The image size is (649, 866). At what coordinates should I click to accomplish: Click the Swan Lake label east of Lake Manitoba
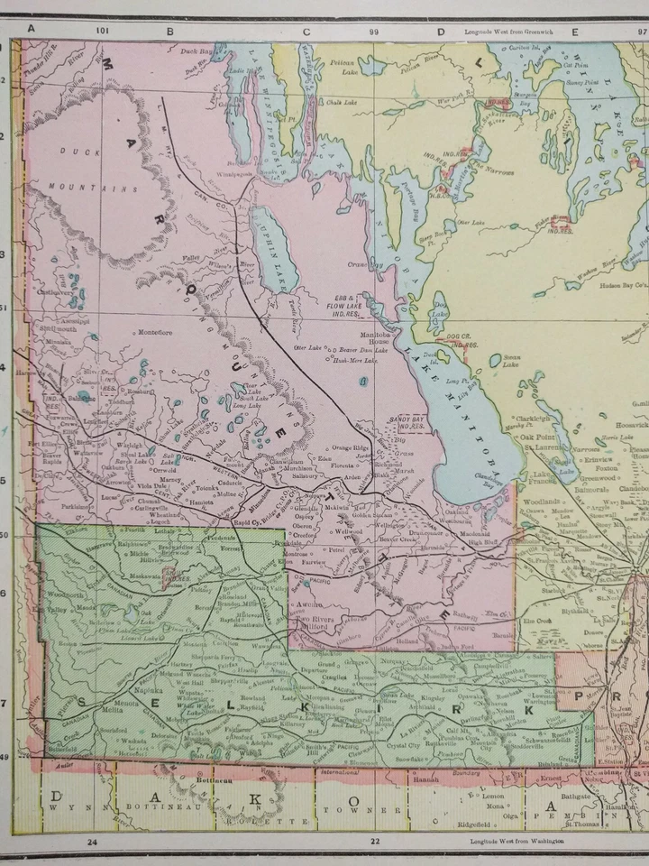[509, 359]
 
